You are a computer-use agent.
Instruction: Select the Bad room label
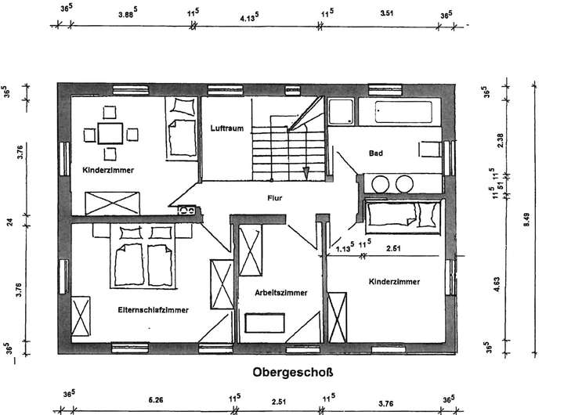pos(375,153)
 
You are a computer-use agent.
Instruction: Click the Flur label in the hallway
pos(273,198)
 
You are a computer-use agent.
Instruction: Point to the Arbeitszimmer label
pos(280,292)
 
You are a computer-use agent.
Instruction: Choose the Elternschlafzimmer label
pos(154,310)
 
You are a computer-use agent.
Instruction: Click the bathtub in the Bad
pos(405,114)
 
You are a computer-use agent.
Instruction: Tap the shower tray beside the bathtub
pos(341,114)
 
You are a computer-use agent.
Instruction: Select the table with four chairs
pos(110,134)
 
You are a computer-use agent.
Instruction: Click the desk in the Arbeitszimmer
pos(266,322)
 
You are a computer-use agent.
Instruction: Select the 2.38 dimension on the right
pos(498,142)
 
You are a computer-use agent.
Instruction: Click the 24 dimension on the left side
pos(11,222)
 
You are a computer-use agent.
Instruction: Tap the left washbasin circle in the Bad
pos(381,185)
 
